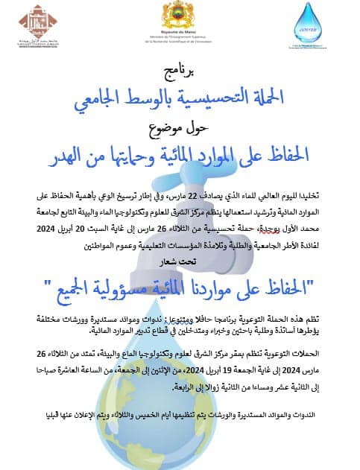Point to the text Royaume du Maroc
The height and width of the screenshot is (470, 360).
[x=180, y=30]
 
